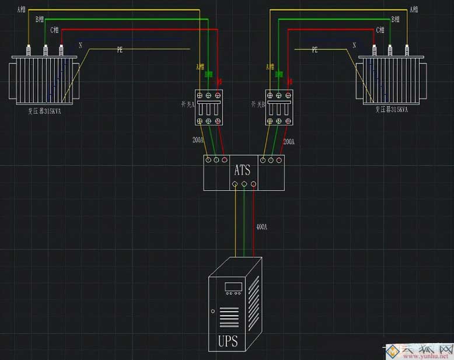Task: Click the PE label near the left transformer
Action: pyautogui.click(x=119, y=51)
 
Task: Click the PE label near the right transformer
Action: pyautogui.click(x=315, y=51)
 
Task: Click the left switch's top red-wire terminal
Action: pyautogui.click(x=218, y=95)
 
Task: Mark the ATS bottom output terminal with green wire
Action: pyautogui.click(x=245, y=184)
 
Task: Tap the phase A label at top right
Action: pyautogui.click(x=414, y=9)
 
